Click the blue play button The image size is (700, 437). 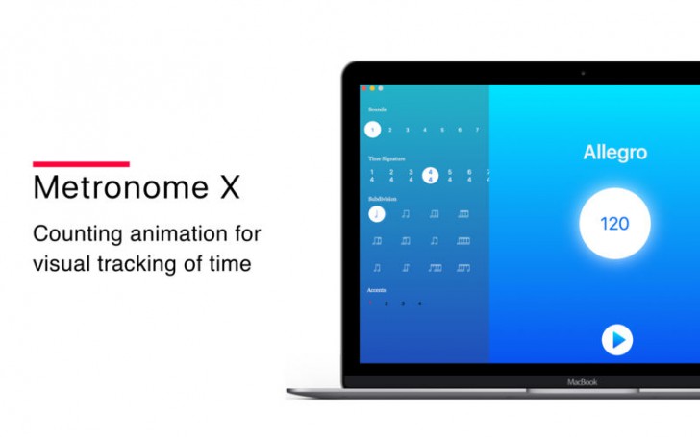(x=617, y=338)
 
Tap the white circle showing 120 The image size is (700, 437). (x=614, y=224)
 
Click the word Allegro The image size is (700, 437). (x=614, y=153)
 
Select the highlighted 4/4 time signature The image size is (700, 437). (x=431, y=176)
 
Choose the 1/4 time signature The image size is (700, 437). (x=372, y=176)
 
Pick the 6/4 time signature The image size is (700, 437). (x=469, y=176)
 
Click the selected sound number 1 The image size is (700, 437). (x=372, y=130)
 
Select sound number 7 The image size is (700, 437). (x=477, y=130)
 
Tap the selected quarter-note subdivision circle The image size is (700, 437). (x=376, y=214)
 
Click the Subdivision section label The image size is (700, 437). (x=382, y=199)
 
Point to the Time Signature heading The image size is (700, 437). (x=387, y=158)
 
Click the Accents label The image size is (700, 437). (x=377, y=289)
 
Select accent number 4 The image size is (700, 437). (x=419, y=303)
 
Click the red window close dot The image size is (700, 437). (x=364, y=88)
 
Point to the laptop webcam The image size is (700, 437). (x=583, y=73)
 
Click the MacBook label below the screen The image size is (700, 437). (x=582, y=382)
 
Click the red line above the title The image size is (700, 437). (x=81, y=164)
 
